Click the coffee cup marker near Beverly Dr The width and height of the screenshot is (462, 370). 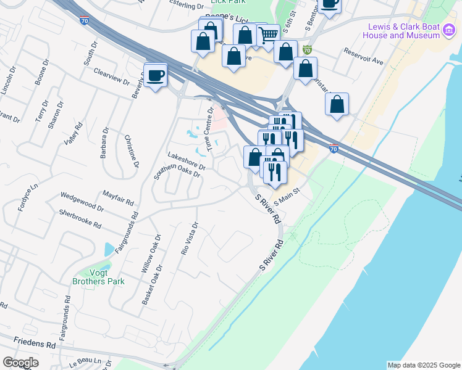(x=155, y=75)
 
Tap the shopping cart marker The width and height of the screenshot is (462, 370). (x=267, y=35)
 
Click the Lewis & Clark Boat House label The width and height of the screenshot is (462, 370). (x=403, y=31)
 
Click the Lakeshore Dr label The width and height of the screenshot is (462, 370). (x=187, y=161)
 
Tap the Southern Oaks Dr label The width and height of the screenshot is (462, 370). (x=177, y=170)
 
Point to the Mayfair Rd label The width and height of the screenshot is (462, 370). (x=118, y=197)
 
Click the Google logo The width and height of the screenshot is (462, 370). (x=20, y=363)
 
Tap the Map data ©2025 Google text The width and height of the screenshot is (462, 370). (x=423, y=365)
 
